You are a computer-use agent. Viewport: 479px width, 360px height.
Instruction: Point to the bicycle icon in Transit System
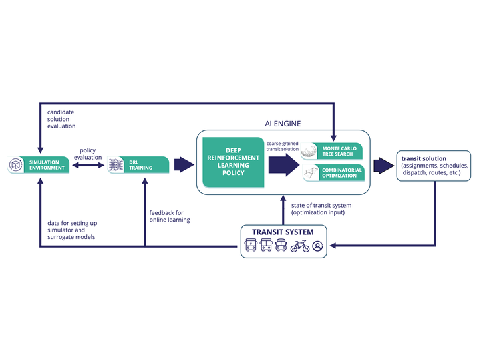299,246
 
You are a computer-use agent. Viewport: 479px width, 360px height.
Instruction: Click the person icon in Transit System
318,246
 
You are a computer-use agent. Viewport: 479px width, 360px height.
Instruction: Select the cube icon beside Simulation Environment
16,165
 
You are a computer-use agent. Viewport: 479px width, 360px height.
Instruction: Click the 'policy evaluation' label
89,154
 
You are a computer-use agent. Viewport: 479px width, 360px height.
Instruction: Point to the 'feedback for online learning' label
169,216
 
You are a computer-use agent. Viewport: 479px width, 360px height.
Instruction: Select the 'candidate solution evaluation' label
61,118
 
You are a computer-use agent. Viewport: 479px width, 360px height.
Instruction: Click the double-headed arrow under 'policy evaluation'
88,165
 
